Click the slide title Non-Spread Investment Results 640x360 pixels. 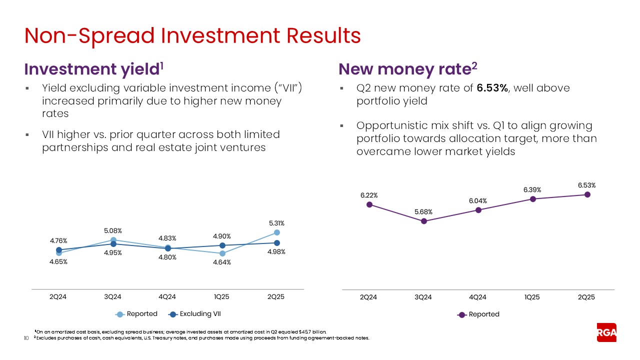click(x=192, y=35)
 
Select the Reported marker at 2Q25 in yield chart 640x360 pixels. click(x=276, y=232)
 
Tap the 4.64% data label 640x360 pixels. click(x=221, y=262)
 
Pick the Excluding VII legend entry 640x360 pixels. click(x=195, y=314)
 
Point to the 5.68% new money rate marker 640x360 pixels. click(x=423, y=221)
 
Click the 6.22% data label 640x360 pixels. click(x=369, y=195)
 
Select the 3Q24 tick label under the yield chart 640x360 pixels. click(x=113, y=296)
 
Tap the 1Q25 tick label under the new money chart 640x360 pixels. click(x=532, y=296)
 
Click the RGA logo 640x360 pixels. click(x=606, y=332)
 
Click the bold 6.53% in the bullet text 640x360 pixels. click(x=492, y=88)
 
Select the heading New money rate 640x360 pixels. click(x=405, y=69)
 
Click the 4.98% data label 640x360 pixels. click(x=276, y=252)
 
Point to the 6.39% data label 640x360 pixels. click(x=532, y=189)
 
